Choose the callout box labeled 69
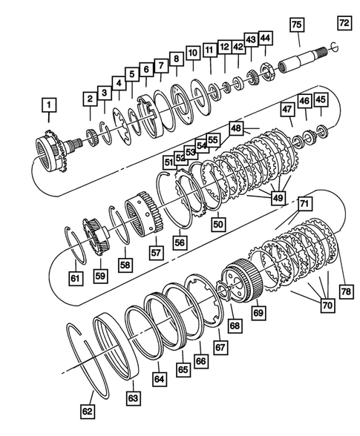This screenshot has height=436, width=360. click(x=259, y=314)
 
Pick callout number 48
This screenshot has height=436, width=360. click(x=236, y=129)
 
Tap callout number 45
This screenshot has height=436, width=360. click(x=321, y=99)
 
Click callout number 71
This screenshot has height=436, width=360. click(x=304, y=202)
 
